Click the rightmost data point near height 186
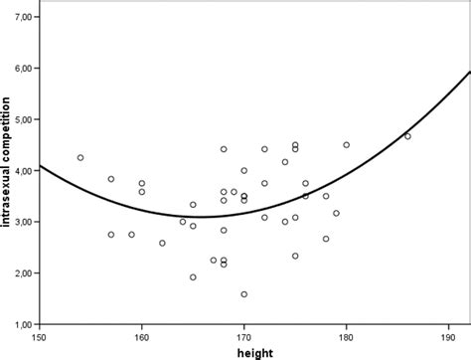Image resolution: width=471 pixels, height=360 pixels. click(407, 136)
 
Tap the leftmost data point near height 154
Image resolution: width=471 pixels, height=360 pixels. click(80, 157)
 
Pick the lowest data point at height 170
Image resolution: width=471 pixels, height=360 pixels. click(243, 294)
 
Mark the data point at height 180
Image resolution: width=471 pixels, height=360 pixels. click(346, 145)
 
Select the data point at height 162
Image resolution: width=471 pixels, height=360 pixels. click(162, 243)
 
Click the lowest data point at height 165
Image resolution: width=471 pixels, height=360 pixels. click(193, 277)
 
